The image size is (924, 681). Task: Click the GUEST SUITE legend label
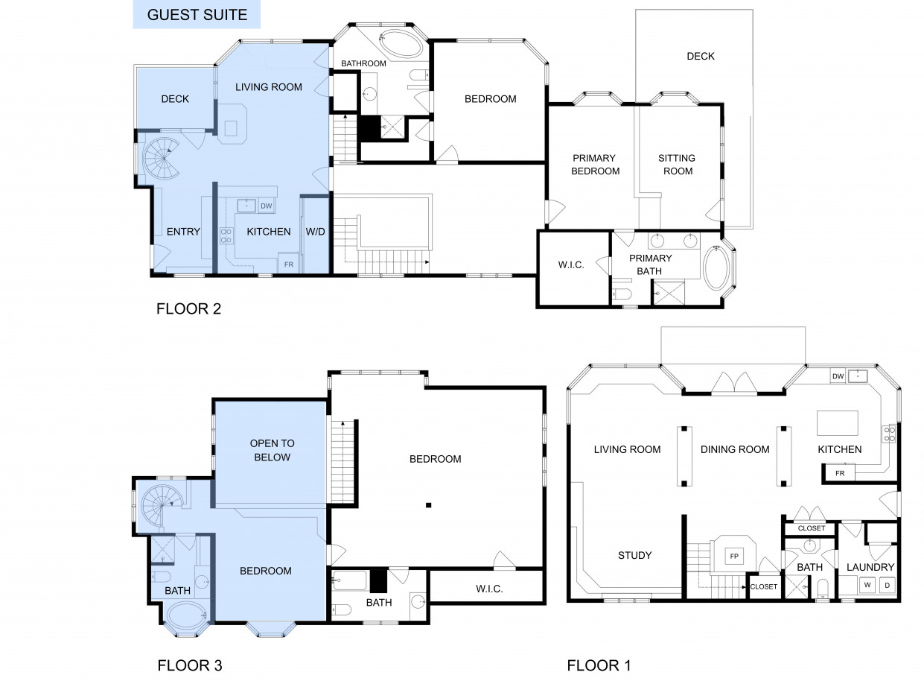(197, 15)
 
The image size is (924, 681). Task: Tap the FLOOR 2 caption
(188, 308)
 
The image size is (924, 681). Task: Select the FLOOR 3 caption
(190, 665)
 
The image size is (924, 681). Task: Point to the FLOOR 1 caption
(599, 665)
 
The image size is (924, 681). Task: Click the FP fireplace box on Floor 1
(734, 556)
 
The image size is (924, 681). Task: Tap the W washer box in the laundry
(867, 585)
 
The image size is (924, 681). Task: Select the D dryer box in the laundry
(888, 585)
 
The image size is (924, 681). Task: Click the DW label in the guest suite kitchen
(267, 206)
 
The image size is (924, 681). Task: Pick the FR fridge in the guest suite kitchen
(288, 263)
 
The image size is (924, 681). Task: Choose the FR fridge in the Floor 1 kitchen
(838, 473)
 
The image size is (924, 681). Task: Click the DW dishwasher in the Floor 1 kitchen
(838, 376)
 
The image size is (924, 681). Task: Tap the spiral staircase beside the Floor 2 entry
(162, 159)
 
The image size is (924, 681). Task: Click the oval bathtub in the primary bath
(717, 267)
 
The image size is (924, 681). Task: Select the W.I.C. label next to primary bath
(571, 265)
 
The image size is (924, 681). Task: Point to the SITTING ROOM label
(677, 164)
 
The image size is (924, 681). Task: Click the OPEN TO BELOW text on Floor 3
(273, 450)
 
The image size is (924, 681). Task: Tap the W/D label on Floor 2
(315, 232)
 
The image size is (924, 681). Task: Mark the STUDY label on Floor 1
(634, 555)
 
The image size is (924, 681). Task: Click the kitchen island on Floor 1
(838, 423)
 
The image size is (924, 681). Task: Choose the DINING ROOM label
(735, 449)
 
